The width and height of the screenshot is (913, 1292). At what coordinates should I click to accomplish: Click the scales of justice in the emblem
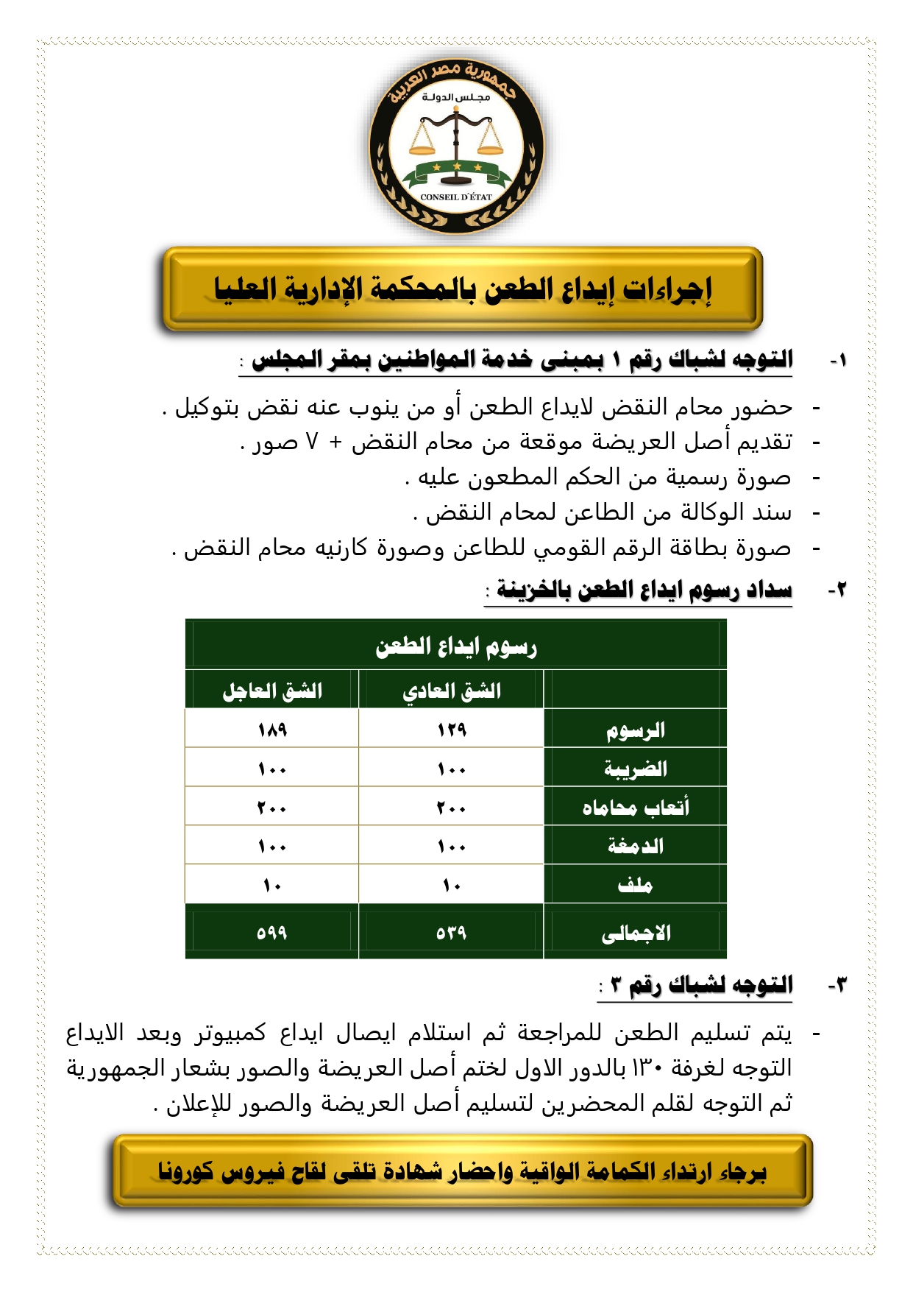click(456, 136)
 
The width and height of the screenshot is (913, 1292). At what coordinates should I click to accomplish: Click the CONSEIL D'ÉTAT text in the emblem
click(456, 197)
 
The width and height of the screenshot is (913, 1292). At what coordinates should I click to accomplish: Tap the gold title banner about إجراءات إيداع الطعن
click(463, 289)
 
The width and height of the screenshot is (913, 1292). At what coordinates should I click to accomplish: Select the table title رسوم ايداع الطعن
click(456, 646)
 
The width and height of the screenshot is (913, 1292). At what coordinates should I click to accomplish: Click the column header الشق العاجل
click(272, 691)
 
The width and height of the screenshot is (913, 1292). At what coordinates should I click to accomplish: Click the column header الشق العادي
click(451, 691)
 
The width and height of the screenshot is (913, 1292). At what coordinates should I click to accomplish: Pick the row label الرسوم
click(635, 730)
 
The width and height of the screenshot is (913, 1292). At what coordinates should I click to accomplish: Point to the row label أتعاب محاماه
click(635, 808)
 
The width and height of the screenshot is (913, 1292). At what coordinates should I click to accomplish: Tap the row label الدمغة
click(635, 846)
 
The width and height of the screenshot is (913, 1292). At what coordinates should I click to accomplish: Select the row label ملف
click(635, 884)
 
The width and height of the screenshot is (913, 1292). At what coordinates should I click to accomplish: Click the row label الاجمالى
click(635, 933)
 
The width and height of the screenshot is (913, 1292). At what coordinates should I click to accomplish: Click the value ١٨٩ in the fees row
click(272, 730)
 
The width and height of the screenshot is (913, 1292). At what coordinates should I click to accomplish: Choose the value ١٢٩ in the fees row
click(451, 730)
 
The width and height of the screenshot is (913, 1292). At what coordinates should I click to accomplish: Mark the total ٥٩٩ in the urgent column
click(272, 933)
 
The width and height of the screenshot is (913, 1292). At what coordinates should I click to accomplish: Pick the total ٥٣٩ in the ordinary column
click(451, 933)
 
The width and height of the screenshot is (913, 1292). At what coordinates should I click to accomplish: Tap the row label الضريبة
click(635, 769)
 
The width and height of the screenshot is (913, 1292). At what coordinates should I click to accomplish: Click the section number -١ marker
click(838, 361)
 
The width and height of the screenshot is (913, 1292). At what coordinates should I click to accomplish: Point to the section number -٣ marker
click(838, 985)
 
